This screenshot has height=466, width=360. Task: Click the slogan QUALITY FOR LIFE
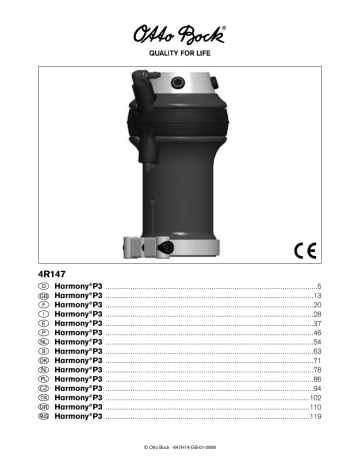click(181, 57)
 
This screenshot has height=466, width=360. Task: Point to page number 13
click(314, 297)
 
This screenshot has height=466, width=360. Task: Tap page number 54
click(314, 344)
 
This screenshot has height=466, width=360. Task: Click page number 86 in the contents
click(314, 382)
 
